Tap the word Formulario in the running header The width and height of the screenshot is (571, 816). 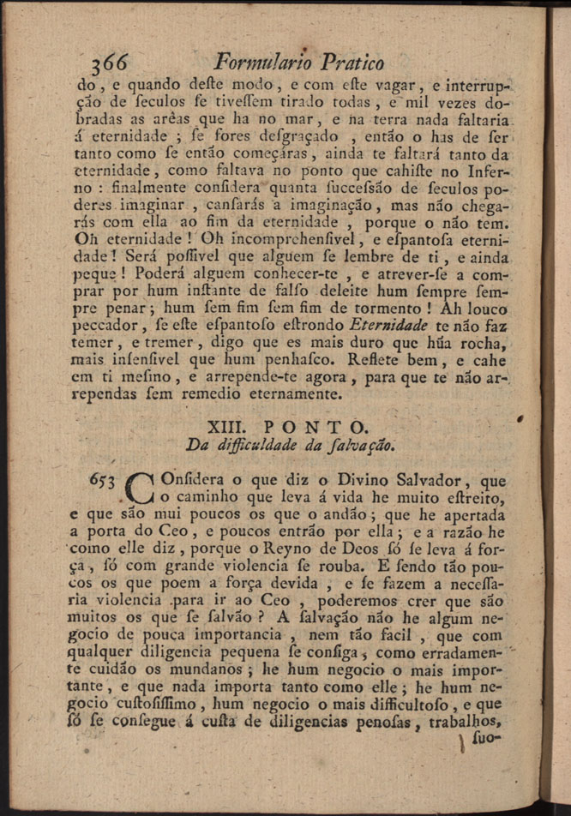(x=263, y=62)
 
